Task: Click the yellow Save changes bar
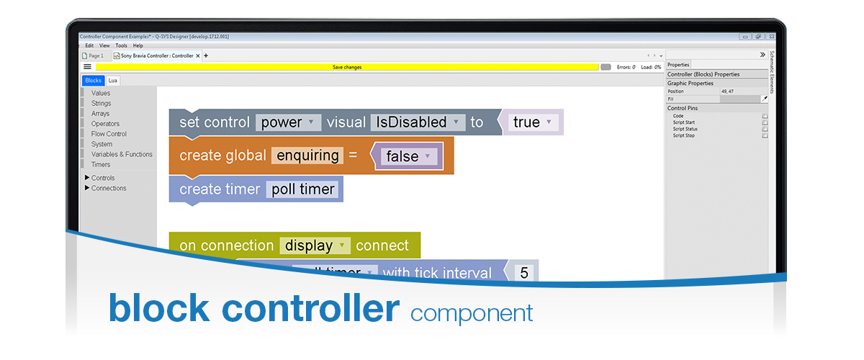click(x=347, y=67)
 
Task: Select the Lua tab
click(x=113, y=81)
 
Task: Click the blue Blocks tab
click(x=94, y=81)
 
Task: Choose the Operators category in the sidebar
click(x=105, y=124)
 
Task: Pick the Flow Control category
click(x=109, y=134)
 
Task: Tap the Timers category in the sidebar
click(x=101, y=164)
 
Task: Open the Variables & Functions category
click(x=122, y=154)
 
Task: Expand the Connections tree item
click(x=108, y=188)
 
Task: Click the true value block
click(x=534, y=122)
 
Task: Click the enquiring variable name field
click(x=307, y=156)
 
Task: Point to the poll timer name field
click(x=302, y=189)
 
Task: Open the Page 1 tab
click(x=94, y=55)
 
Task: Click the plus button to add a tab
click(x=206, y=55)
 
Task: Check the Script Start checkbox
click(x=765, y=122)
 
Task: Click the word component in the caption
click(x=472, y=313)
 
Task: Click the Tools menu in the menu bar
click(x=121, y=45)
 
